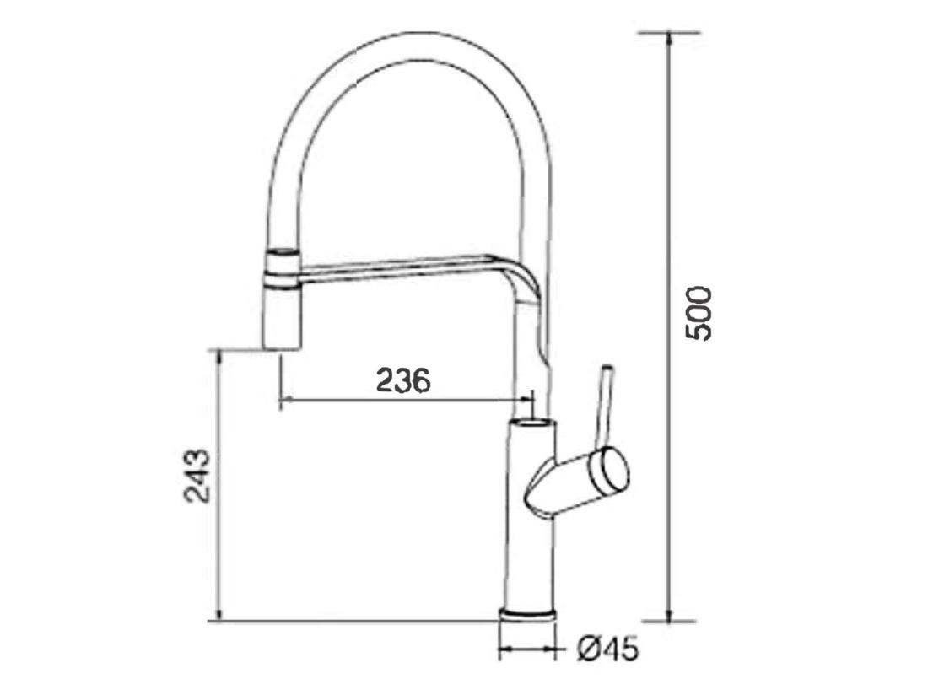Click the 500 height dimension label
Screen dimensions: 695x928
coord(699,313)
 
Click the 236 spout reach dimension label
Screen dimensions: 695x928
coord(403,380)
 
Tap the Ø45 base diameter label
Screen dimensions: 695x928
coord(607,650)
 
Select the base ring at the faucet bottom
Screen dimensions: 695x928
coord(528,614)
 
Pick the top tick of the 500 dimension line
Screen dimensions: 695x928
coord(669,34)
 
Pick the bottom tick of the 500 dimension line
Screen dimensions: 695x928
coord(669,621)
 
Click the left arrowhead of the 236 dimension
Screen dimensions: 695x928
coord(284,398)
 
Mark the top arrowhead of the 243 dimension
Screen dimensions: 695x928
coord(219,353)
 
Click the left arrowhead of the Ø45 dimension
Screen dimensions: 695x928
coord(504,649)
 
